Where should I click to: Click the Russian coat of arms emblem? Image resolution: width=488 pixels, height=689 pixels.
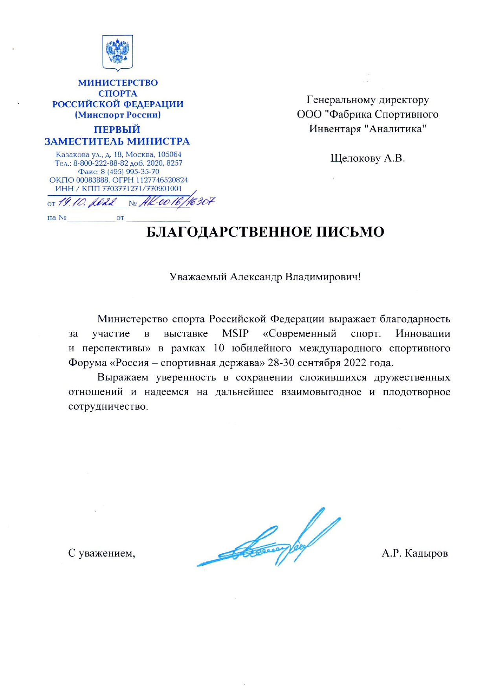(x=117, y=52)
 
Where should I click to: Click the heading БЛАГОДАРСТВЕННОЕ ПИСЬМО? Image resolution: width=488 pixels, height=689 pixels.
(x=265, y=232)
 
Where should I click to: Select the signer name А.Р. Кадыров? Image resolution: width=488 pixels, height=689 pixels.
(x=415, y=553)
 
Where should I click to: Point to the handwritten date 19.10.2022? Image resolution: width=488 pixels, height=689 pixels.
(x=87, y=202)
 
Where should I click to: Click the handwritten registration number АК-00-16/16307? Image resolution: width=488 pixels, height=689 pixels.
(x=177, y=202)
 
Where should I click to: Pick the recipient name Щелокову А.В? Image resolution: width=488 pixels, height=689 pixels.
(x=367, y=158)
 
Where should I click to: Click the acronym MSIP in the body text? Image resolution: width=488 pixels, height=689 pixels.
(x=235, y=334)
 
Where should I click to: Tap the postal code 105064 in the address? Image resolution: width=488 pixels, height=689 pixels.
(x=169, y=154)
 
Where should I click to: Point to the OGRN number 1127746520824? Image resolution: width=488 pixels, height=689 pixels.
(x=162, y=180)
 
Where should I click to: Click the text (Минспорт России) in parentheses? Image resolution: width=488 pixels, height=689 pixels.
(x=118, y=115)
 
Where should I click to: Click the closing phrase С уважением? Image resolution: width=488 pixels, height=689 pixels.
(x=101, y=553)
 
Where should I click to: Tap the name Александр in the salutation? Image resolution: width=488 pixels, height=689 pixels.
(x=256, y=277)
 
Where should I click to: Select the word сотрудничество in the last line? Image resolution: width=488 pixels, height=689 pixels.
(x=108, y=406)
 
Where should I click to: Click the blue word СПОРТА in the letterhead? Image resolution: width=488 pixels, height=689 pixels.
(x=118, y=93)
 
